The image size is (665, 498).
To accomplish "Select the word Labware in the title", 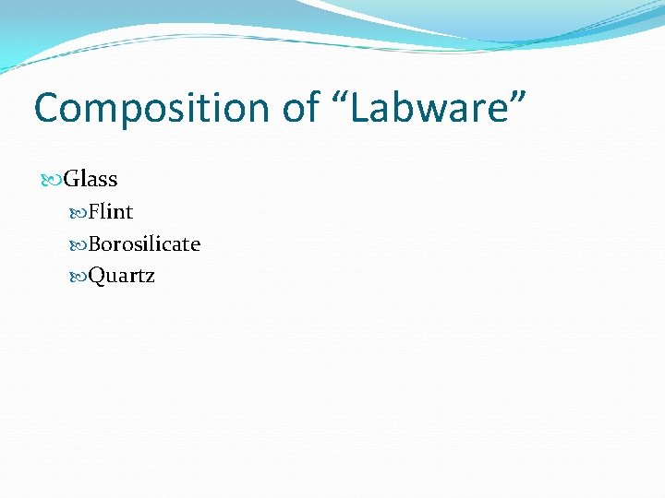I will click(x=429, y=107).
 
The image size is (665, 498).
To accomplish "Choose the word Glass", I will click(x=91, y=179).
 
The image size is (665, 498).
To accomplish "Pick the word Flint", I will click(x=111, y=212).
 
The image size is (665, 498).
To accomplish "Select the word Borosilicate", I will click(x=144, y=243).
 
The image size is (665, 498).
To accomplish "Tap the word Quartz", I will click(x=122, y=276).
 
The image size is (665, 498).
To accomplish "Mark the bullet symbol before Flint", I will click(x=78, y=213).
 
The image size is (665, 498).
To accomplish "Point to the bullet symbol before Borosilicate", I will click(x=78, y=244).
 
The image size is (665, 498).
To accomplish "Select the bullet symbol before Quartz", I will click(x=78, y=276).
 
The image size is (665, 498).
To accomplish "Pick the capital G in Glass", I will click(x=72, y=179).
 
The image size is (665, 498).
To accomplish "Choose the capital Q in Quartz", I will click(x=96, y=276).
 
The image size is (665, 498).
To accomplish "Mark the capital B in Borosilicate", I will click(x=95, y=243).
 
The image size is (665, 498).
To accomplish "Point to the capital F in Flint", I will click(x=94, y=212).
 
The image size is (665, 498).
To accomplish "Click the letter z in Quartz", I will click(x=149, y=278).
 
